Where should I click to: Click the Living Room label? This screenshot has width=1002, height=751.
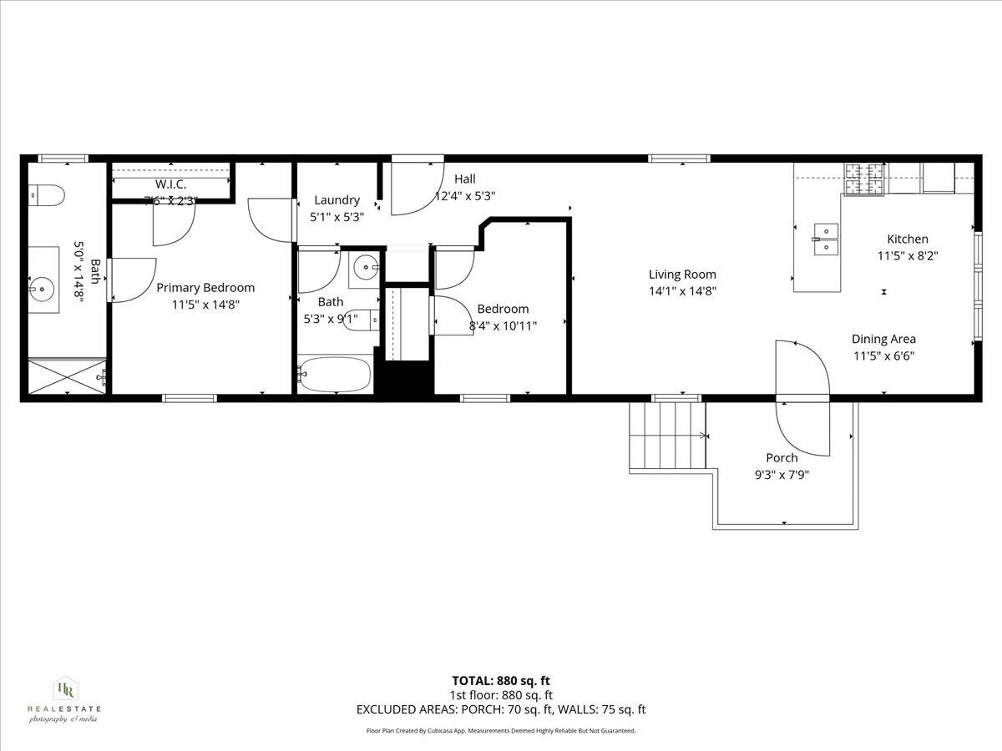682,275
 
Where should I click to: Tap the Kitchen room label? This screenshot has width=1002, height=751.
907,239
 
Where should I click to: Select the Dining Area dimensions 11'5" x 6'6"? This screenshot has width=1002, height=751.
883,355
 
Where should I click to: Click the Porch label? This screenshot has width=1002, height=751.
782,458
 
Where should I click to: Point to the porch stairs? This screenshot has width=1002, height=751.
667,436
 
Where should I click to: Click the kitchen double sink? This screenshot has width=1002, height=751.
827,238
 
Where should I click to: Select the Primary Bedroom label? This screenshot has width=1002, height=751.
205,288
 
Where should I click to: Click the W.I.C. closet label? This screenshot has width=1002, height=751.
170,184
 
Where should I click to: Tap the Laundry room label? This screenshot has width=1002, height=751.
337,200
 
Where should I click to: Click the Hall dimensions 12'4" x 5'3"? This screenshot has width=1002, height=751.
465,197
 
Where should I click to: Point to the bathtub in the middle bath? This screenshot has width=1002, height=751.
334,375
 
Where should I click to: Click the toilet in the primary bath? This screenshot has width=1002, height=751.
48,196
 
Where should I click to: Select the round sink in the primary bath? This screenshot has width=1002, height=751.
40,290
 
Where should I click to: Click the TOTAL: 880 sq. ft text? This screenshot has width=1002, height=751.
501,681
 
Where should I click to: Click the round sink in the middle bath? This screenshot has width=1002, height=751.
364,269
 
